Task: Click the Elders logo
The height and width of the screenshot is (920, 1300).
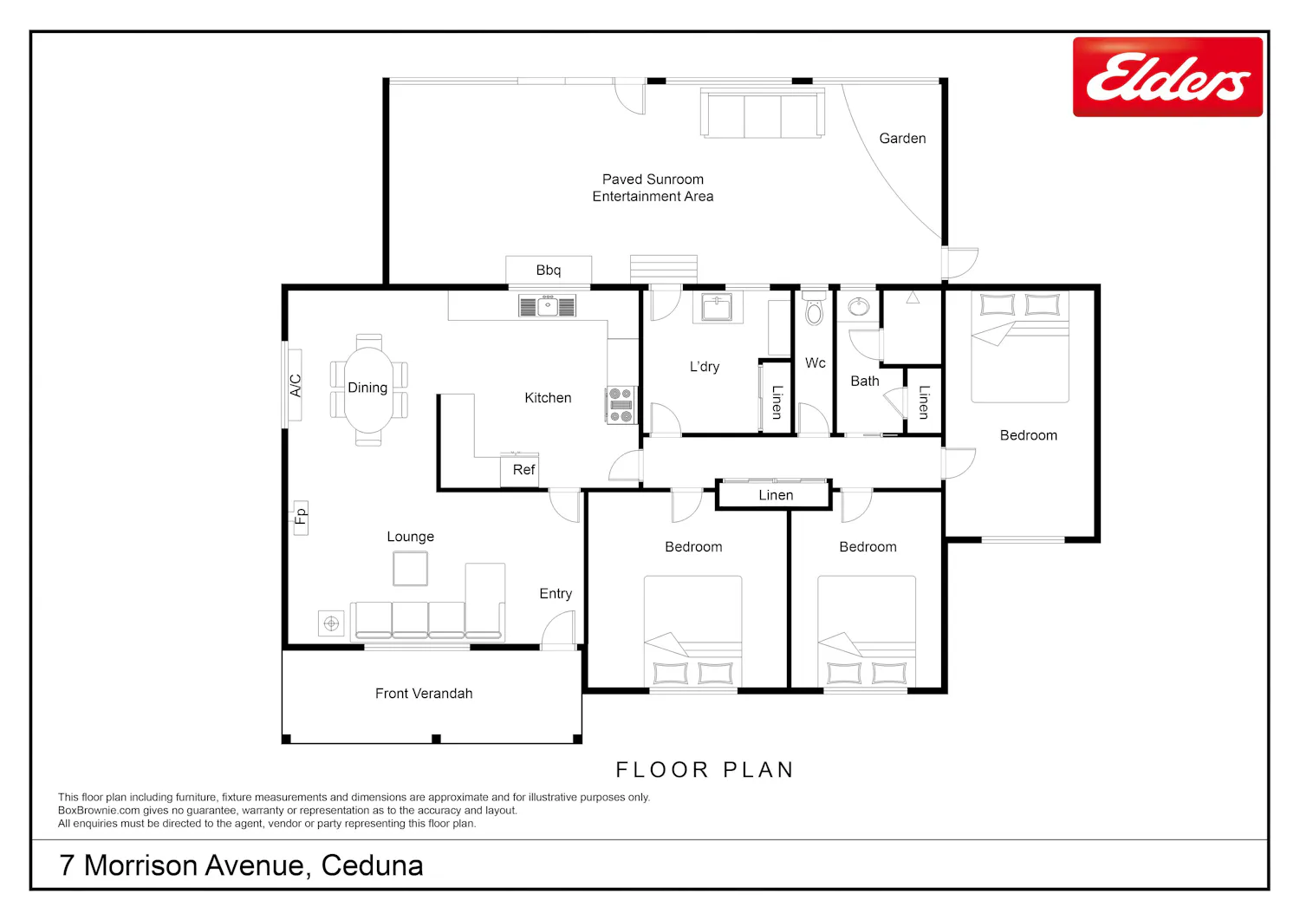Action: [1167, 76]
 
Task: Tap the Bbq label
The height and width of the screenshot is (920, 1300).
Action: [549, 270]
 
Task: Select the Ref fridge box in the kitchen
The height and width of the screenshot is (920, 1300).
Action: [519, 469]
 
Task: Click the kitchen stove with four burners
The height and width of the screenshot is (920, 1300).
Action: [621, 405]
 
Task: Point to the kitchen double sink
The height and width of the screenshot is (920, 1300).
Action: [547, 306]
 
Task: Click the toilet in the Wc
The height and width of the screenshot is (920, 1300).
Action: [815, 308]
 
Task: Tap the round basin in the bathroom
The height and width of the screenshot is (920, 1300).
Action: [858, 306]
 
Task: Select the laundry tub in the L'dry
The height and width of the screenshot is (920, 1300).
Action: [718, 307]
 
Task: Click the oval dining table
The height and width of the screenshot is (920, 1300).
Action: [368, 389]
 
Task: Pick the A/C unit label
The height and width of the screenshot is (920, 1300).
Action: [296, 385]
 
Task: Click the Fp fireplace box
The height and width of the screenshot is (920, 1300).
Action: [301, 517]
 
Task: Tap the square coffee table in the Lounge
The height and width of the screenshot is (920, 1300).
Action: [410, 568]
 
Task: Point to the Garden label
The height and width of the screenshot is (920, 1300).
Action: [902, 138]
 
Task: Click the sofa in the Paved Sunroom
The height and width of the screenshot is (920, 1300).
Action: [763, 113]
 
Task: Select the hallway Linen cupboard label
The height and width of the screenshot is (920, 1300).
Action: [776, 495]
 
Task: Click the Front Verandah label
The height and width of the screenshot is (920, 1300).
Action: [424, 694]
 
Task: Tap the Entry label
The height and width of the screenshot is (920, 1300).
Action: [556, 594]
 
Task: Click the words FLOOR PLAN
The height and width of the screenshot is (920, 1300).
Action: [705, 770]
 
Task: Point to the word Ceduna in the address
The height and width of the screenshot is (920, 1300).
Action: [372, 865]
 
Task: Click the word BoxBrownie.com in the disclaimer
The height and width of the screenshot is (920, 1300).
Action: [99, 810]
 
